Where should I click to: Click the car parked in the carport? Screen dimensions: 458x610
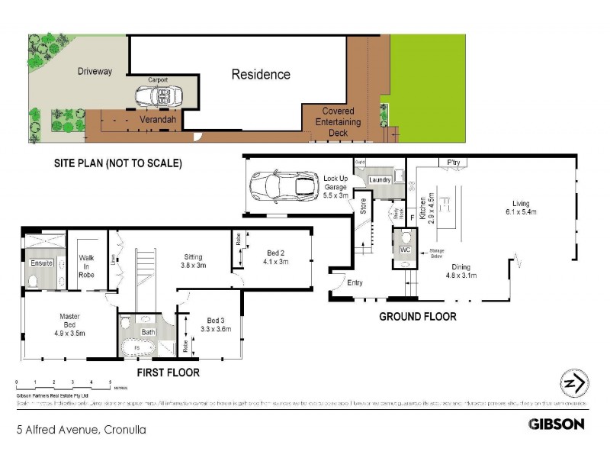159,96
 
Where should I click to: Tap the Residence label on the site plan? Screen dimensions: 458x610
261,75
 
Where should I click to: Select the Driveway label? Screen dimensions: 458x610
95,72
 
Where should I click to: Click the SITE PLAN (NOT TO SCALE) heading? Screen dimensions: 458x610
117,163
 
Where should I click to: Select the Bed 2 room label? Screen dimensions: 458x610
277,257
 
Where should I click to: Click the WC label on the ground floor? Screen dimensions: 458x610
405,249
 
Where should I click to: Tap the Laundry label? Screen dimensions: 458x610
380,180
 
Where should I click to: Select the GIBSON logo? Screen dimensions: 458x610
556,424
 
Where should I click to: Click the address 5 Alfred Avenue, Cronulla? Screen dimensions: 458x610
81,430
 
